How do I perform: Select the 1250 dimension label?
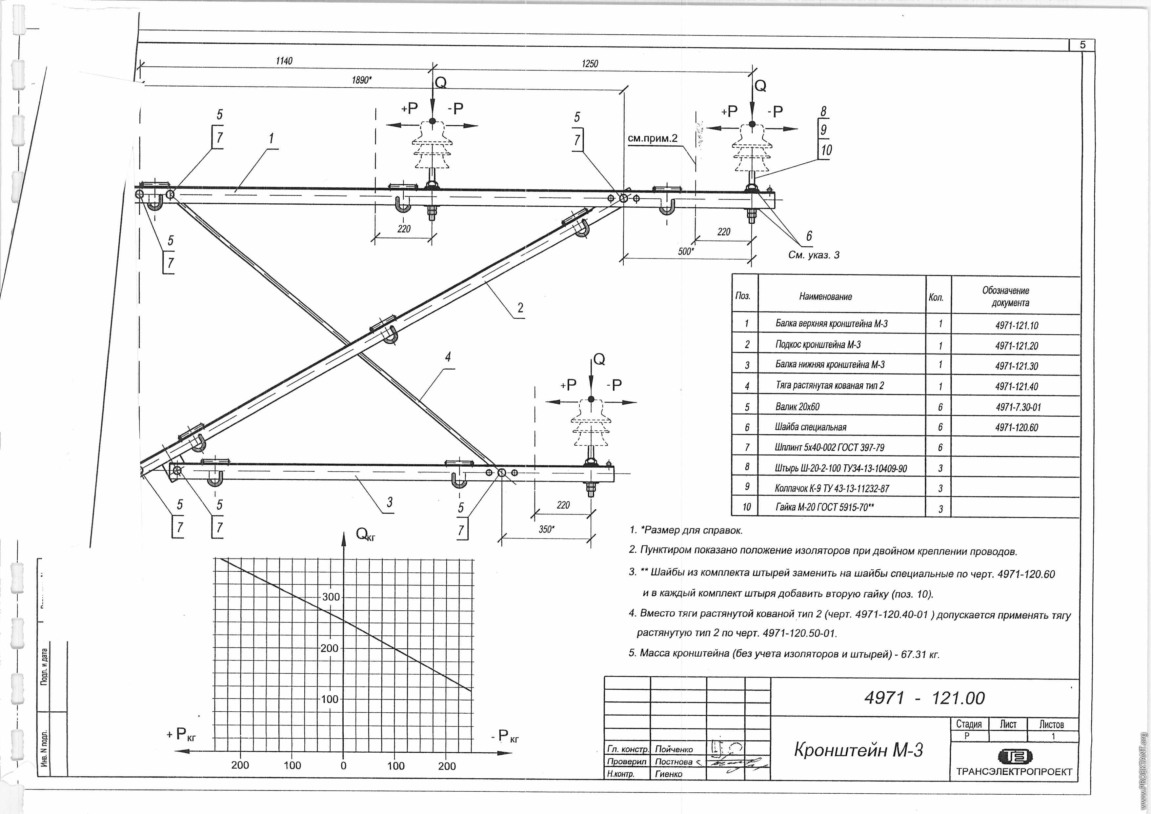(590, 64)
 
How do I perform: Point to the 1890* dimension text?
(361, 80)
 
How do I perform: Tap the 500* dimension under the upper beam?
(685, 251)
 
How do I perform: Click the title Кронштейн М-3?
(858, 750)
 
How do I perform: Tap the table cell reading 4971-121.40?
(1016, 386)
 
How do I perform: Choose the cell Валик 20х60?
(797, 406)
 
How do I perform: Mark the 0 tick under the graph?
(343, 766)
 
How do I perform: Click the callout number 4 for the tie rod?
(448, 357)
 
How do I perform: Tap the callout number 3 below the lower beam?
(390, 502)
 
